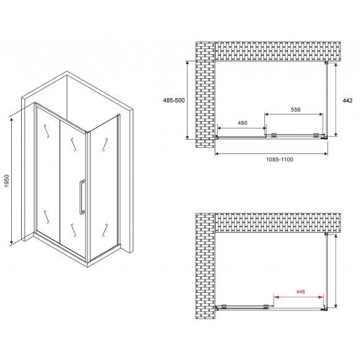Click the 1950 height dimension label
(7, 181)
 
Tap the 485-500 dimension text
(174, 101)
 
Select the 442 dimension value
(348, 101)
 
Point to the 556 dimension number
(295, 109)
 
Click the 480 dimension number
(243, 123)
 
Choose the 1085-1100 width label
(279, 160)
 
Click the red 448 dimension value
(300, 292)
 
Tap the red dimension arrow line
(299, 297)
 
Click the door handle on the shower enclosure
(82, 197)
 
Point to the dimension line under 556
(294, 114)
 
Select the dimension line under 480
(242, 128)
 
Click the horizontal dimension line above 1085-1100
(271, 153)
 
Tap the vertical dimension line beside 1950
(11, 181)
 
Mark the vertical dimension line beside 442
(336, 100)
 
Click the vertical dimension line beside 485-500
(187, 100)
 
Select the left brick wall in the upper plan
(205, 94)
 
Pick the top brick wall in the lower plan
(277, 223)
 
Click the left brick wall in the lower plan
(205, 266)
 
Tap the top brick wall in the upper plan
(277, 51)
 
